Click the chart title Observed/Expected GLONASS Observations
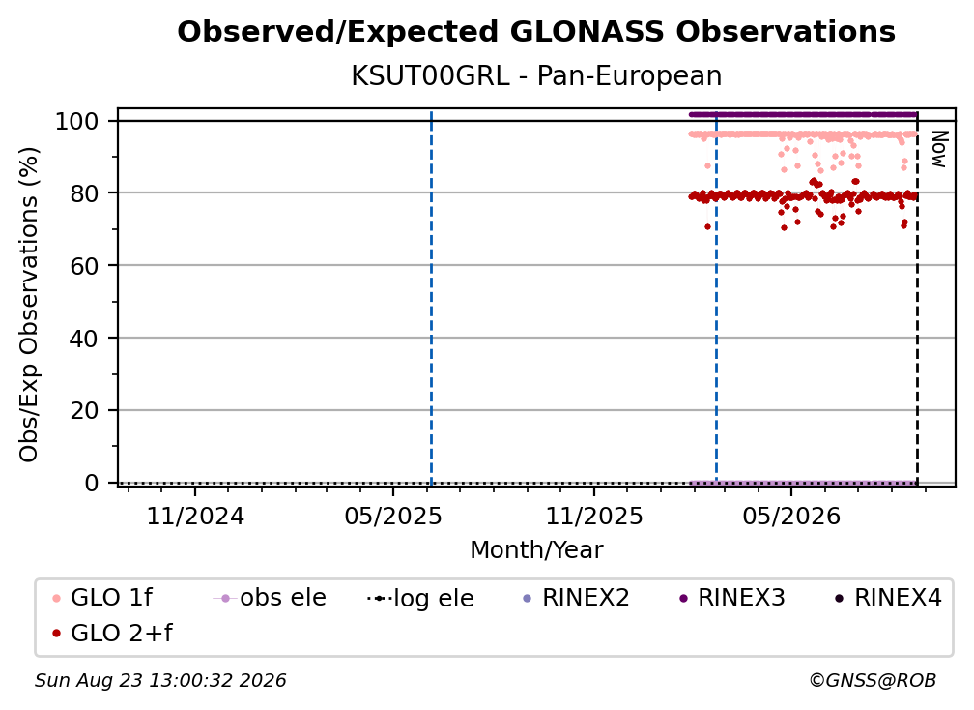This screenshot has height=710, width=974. point(536,32)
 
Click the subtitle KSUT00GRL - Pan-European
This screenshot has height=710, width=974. point(536,75)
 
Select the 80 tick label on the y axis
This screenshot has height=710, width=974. point(84,193)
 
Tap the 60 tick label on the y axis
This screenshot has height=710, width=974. point(84,265)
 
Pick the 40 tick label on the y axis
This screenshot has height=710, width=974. point(84,339)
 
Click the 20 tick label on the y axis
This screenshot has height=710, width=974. point(84,410)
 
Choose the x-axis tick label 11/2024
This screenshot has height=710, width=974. point(195,516)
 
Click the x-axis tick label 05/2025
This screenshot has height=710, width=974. point(393,516)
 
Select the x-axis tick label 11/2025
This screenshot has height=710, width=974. point(594,516)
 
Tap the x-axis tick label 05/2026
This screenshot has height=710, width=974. point(791,516)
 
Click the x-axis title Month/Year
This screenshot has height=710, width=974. point(536,550)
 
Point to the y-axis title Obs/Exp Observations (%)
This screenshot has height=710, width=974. point(29,305)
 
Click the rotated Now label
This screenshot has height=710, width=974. point(939,149)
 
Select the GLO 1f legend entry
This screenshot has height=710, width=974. point(102,598)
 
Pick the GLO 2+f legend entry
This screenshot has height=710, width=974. point(112,634)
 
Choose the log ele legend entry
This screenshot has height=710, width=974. point(420,598)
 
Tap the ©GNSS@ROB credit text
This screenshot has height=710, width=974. point(873,681)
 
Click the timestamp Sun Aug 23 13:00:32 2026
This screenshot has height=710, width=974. point(160,681)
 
